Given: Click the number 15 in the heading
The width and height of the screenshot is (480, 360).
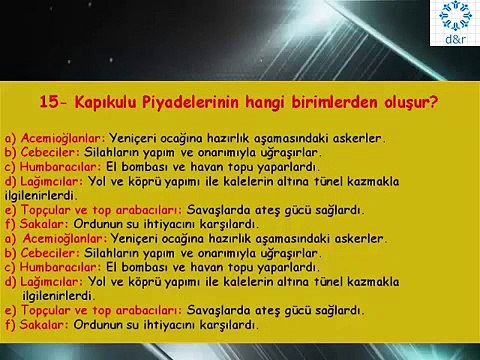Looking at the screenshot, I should [47, 102].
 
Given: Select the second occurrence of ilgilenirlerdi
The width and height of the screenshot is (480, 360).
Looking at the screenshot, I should [61, 297].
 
